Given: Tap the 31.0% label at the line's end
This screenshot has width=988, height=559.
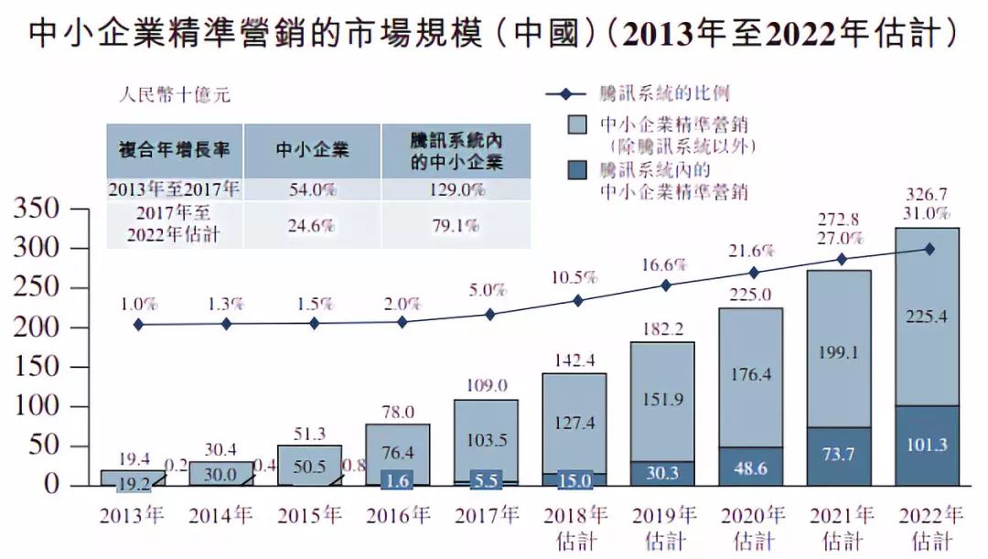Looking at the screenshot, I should tap(928, 213).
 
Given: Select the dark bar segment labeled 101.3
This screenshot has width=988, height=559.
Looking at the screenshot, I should tap(928, 446).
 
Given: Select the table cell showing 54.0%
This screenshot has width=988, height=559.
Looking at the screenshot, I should tap(312, 189).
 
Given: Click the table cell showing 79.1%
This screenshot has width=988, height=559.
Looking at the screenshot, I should tap(456, 225).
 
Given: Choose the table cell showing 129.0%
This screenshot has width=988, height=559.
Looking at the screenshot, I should tap(456, 189).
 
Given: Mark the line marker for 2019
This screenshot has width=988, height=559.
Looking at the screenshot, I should tap(665, 285).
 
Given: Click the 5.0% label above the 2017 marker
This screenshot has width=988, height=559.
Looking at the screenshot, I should tap(488, 291).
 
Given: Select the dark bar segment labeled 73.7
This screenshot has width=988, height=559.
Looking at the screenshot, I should tap(840, 457).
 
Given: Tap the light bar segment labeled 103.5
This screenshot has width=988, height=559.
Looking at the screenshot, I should tap(486, 439).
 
